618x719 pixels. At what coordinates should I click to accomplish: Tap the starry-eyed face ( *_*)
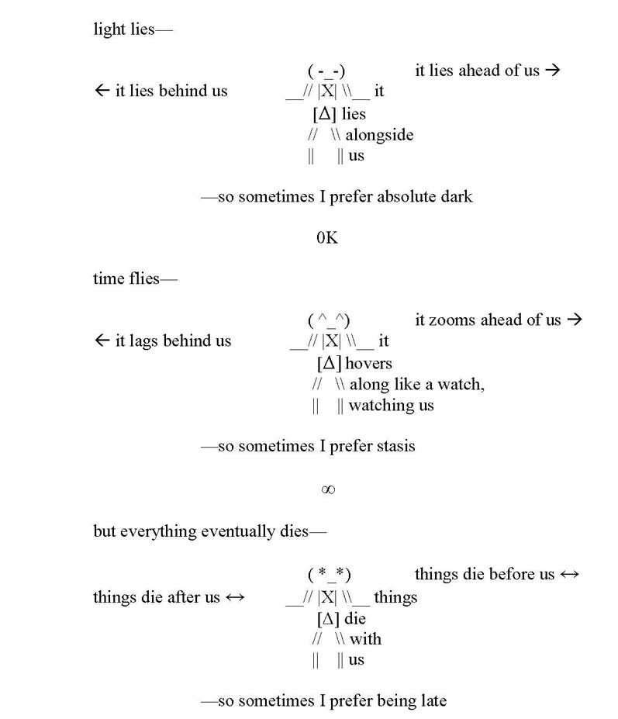pos(330,575)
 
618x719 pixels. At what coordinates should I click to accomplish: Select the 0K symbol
pos(327,238)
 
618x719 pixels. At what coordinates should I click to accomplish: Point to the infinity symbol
pos(327,489)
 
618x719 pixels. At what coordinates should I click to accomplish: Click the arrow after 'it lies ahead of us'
pos(552,71)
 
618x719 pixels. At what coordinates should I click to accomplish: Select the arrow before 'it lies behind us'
pos(102,91)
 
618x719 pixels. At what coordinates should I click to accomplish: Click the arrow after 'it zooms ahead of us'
pos(574,320)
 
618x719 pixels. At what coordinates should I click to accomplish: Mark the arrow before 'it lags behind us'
pos(102,341)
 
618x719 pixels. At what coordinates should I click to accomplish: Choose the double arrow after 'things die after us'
pos(235,597)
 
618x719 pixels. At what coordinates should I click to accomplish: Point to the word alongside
pos(379,135)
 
